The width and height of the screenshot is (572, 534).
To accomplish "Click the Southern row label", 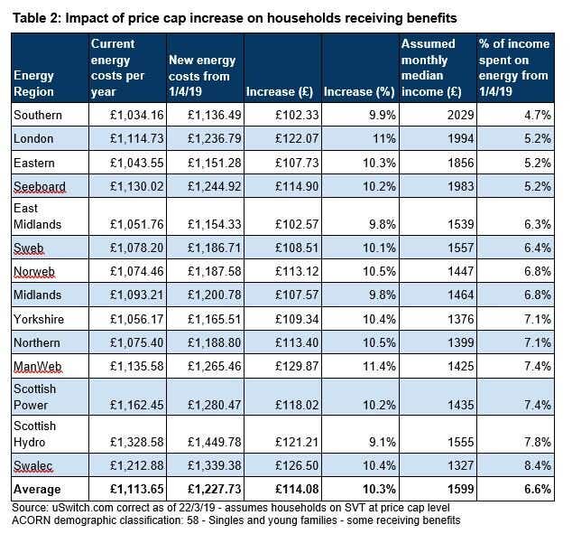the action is click(38, 115).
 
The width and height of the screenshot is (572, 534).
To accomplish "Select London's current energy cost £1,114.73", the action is click(137, 139).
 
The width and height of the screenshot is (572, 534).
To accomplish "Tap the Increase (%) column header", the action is click(359, 91).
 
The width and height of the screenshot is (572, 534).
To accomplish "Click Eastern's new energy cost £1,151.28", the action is click(215, 163).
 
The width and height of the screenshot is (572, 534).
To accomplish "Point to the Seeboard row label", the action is click(40, 186).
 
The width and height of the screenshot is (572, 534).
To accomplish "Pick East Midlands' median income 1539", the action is click(461, 224).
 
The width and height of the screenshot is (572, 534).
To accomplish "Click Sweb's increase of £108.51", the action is click(297, 248).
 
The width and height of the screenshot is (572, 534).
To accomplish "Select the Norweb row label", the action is click(34, 271).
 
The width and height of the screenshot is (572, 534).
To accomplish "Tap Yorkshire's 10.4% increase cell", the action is click(380, 319).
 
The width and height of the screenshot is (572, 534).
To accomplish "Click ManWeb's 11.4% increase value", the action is click(380, 366).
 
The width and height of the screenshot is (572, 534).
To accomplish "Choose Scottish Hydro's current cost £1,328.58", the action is click(137, 442).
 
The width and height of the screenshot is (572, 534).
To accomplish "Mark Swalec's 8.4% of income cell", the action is click(538, 465).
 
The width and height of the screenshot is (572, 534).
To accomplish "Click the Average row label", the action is click(37, 489).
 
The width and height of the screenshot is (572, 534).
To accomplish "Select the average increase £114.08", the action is click(297, 489).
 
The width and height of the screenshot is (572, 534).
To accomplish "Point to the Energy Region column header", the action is click(34, 84).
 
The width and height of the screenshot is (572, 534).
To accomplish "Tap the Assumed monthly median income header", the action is click(431, 68).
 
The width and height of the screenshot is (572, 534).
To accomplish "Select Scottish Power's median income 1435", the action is click(461, 405).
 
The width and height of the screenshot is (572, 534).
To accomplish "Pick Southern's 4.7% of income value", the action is click(538, 115).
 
